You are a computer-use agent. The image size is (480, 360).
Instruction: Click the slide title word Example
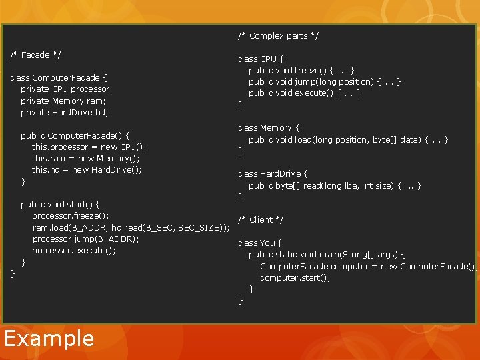49,339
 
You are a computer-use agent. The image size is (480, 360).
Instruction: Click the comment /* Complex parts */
278,35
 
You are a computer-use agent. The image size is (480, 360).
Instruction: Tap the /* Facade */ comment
36,55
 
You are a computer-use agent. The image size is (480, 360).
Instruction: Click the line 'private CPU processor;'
67,89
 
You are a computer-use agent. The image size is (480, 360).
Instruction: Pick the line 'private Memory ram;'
63,101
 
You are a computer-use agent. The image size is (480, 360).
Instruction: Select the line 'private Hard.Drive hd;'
64,112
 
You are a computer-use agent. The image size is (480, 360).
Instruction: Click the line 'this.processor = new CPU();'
89,147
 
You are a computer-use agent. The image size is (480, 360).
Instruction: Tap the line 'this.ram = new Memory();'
86,158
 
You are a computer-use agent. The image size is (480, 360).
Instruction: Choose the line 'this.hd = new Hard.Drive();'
87,169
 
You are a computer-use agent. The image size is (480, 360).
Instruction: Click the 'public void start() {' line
61,204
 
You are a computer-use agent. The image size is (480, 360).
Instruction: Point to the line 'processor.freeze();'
71,216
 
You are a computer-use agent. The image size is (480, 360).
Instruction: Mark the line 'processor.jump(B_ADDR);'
85,239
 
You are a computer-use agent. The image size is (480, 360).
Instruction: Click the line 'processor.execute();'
74,250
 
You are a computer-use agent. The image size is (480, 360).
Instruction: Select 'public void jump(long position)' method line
325,81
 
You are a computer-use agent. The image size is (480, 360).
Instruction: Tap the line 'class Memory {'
269,127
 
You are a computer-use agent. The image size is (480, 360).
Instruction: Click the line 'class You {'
260,243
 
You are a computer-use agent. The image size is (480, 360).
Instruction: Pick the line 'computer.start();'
295,277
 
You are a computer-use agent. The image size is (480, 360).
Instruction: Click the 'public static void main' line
327,254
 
